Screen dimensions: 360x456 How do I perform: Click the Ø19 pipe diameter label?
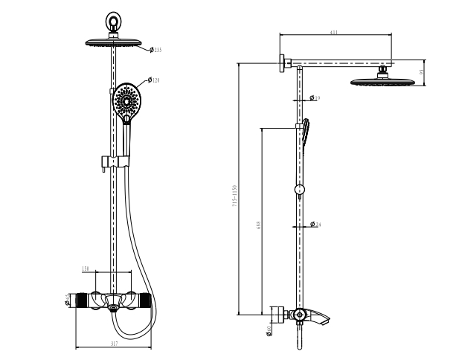(x=315, y=98)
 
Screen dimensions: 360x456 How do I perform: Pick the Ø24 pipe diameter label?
(x=315, y=225)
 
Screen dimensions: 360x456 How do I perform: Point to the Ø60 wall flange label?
(x=269, y=330)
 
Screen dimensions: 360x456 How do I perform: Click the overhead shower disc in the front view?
(x=115, y=42)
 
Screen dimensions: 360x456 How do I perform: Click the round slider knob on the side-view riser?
(x=298, y=190)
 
